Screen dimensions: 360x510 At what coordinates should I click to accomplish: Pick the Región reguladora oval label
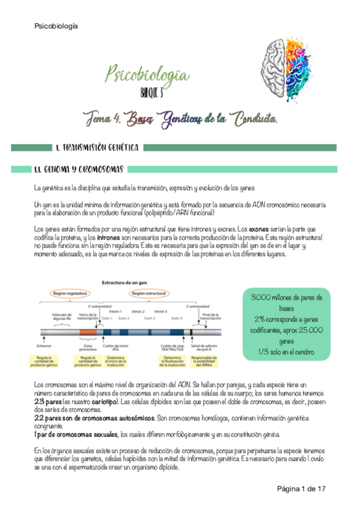point(70,293)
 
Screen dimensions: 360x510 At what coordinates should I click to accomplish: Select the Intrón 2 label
point(138,312)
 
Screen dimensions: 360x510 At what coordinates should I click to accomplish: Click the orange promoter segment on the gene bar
point(88,332)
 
